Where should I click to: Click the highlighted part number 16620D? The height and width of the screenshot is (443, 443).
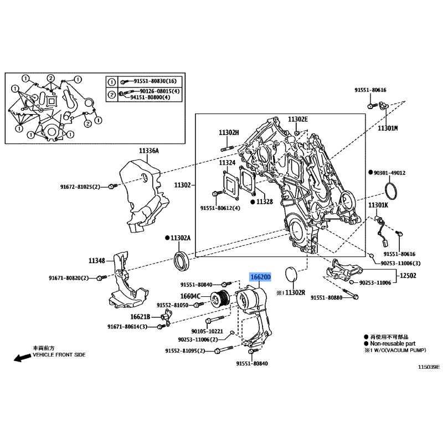pos(260,277)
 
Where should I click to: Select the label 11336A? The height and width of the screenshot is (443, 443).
pos(149,151)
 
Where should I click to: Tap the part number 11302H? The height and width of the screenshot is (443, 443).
pos(229,132)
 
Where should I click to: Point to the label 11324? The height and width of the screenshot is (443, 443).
pos(227,163)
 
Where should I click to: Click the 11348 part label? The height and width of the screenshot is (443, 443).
pos(96,260)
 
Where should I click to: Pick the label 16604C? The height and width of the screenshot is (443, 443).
pos(190,296)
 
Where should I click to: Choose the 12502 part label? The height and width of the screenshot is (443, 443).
pos(408,275)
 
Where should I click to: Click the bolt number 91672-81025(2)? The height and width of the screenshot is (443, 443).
pos(80,187)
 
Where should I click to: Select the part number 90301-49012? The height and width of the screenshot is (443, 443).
pos(390,173)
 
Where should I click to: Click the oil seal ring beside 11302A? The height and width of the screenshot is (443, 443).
pos(182,260)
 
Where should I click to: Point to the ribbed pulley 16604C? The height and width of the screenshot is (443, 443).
pos(220,299)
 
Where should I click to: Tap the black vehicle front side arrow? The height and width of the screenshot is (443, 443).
pos(22,358)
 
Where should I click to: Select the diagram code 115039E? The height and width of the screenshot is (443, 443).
pos(429,367)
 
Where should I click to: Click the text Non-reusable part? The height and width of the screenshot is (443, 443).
pos(393,343)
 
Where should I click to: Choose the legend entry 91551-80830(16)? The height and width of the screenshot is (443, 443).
pos(155,81)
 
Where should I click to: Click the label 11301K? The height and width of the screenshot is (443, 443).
pos(378,205)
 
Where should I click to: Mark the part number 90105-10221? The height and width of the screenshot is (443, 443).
pos(207,331)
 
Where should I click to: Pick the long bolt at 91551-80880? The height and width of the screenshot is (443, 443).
pos(351,293)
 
